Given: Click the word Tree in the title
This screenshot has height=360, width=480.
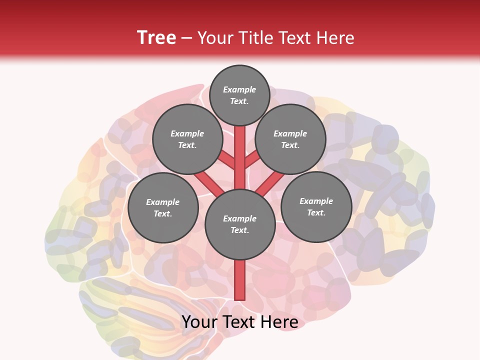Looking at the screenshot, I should click(x=156, y=38).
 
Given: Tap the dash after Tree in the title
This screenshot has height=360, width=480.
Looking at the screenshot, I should click(x=186, y=38).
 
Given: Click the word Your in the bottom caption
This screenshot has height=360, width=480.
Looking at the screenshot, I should click(x=200, y=322).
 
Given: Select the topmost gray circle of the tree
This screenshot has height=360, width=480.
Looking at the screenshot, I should click(x=239, y=95).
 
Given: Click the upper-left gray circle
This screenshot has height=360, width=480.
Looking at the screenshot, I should click(x=187, y=139).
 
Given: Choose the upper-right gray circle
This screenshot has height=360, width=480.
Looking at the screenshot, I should click(x=290, y=139).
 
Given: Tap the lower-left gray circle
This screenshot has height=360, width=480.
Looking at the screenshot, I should click(x=163, y=207).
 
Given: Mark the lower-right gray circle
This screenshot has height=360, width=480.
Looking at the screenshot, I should click(x=316, y=206).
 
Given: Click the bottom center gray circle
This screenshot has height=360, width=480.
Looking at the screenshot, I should click(x=240, y=224).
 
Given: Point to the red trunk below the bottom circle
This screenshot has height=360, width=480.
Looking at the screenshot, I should click(x=240, y=280).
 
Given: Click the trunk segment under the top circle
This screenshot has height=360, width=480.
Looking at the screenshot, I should click(x=240, y=150).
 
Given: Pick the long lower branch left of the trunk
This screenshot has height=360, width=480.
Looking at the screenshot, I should click(x=209, y=182).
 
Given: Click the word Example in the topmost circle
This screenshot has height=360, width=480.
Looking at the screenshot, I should click(x=239, y=90).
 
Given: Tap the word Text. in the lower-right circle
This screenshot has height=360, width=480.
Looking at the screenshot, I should click(x=316, y=212).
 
